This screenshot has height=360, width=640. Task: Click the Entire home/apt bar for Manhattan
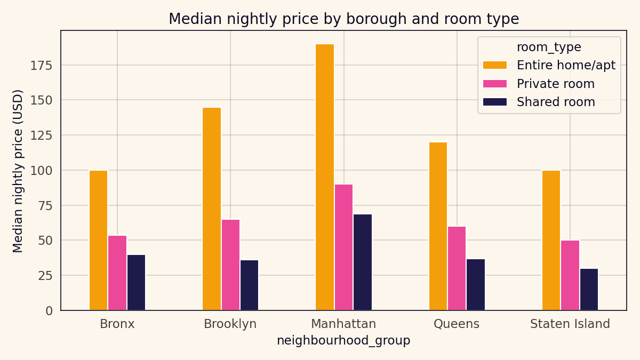point(325,177)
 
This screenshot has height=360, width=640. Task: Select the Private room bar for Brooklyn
point(230,265)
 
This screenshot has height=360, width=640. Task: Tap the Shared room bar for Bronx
point(136,282)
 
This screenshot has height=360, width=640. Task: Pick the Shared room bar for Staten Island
point(589,289)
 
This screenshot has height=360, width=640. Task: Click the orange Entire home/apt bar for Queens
point(438,226)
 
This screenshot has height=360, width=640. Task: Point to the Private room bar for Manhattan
point(343,247)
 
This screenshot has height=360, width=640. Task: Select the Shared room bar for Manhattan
point(363,262)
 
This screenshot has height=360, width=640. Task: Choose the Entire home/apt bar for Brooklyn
point(212,209)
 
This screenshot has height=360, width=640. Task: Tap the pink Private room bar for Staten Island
point(570,275)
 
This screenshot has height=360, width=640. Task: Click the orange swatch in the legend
point(494,66)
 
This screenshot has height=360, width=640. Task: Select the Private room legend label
point(555,84)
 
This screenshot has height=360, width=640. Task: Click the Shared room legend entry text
point(555,102)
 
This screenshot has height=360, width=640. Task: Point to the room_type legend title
point(549,47)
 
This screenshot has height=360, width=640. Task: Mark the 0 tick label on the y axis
point(49,311)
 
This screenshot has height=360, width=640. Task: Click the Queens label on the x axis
point(457,324)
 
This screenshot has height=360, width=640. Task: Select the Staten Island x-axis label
point(570,324)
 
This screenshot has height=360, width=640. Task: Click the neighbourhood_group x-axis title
point(343,341)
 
